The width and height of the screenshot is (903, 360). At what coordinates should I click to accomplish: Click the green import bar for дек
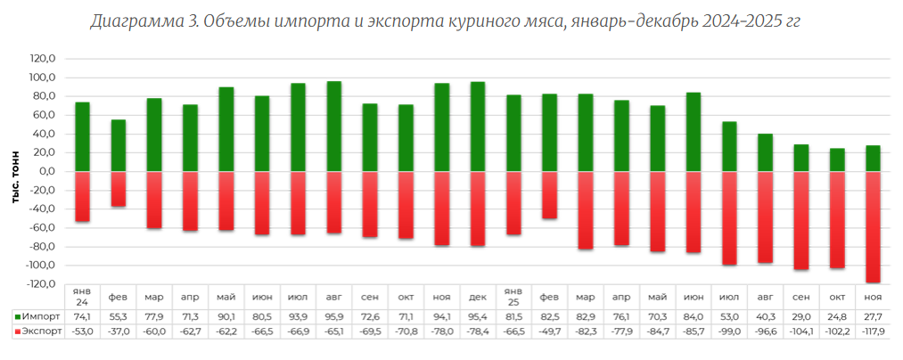pos(478,127)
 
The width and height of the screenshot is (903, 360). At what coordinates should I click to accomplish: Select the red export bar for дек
pos(478,209)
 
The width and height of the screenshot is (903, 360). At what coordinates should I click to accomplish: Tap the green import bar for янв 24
pos(82,136)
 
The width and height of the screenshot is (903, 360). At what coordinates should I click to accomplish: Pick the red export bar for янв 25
pos(513,203)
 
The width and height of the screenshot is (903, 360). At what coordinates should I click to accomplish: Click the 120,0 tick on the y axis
pos(43,59)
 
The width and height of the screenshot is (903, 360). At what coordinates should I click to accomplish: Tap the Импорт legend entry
pos(39,316)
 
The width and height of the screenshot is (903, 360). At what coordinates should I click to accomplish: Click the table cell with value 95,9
pos(334,316)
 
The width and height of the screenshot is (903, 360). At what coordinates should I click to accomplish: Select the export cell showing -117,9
pos(874,331)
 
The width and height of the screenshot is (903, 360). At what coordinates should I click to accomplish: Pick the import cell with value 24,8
pos(838,316)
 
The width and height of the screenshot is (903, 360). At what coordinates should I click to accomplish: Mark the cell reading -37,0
pos(118,331)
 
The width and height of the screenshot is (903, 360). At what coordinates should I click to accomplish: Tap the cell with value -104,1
pos(801,331)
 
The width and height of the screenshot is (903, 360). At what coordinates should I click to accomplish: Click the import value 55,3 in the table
pos(118,316)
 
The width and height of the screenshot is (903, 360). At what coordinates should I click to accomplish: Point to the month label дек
pos(478,296)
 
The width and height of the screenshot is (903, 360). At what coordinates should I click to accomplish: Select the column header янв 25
pos(513,296)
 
